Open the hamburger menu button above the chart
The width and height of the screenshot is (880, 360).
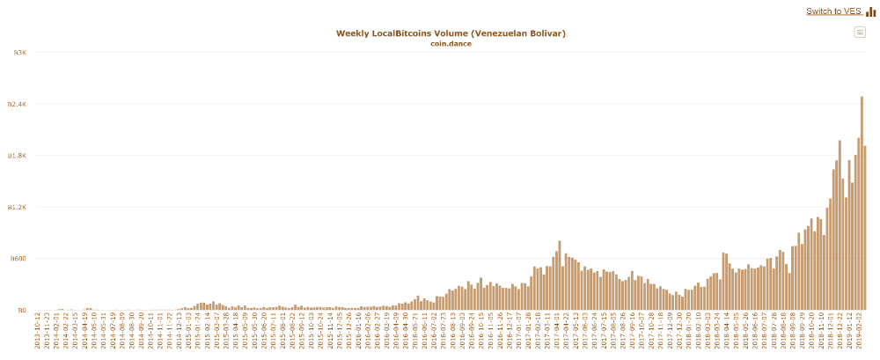pos(860,33)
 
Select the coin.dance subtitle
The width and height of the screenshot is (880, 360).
pos(451,43)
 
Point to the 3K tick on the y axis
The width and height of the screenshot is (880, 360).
pos(19,53)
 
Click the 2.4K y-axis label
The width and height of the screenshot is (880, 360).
pos(17,104)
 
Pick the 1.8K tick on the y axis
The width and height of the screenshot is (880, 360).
pos(17,156)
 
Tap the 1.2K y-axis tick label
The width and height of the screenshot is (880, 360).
pos(17,207)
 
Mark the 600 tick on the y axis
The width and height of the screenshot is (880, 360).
pos(18,259)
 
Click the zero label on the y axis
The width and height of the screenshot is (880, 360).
pos(21,310)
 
